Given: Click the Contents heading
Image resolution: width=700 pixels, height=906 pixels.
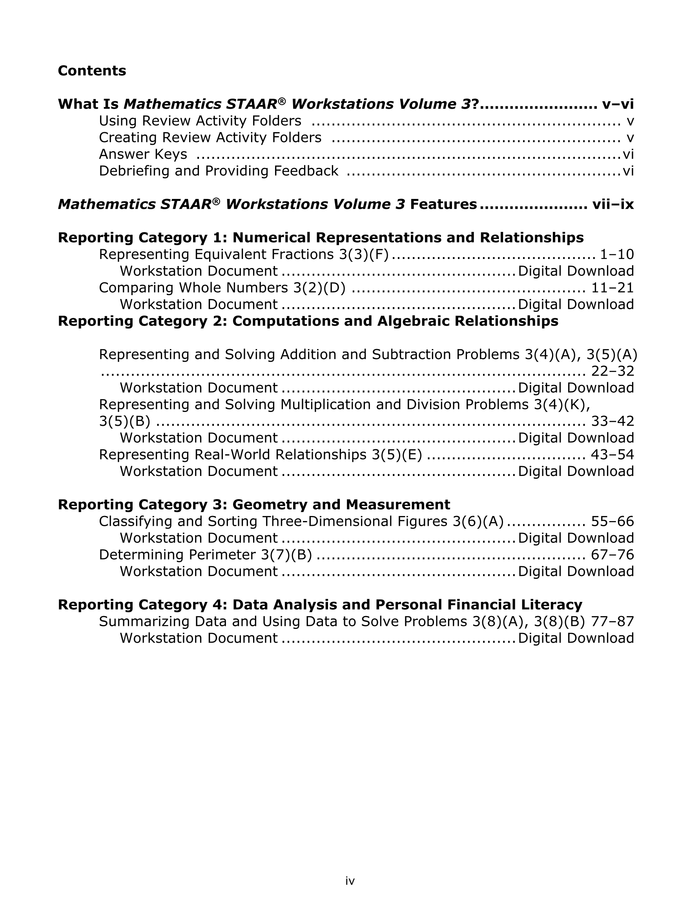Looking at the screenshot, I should (92, 71).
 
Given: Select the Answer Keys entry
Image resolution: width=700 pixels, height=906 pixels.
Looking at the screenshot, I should (143, 154).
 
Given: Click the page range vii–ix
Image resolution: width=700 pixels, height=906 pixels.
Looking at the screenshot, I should (613, 204).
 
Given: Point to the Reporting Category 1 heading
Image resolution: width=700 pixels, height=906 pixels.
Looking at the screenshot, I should (320, 238).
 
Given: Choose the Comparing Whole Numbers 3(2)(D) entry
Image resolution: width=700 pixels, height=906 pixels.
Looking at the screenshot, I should (222, 288).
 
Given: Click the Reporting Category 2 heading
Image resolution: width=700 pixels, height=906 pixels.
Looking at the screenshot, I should (308, 321).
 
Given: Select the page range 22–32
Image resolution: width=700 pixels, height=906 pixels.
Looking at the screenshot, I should (612, 371).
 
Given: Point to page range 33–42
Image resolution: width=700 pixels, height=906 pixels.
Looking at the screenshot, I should (612, 421).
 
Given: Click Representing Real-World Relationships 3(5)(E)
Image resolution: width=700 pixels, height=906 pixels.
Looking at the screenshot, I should (260, 455).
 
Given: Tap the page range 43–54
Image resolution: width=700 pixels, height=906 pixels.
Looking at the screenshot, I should (612, 455).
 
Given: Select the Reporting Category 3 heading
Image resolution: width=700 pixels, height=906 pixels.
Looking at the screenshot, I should (253, 505).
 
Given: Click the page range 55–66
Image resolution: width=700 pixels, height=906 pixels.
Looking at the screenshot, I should (612, 521).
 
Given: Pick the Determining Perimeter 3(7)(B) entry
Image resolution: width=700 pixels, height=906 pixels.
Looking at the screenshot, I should (205, 555).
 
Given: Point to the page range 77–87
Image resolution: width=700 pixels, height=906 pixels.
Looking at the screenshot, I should (612, 622).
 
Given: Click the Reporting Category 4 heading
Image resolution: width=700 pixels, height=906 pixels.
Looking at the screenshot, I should (319, 605).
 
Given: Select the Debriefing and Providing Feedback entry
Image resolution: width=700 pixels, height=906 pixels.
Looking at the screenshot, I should (218, 171).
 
